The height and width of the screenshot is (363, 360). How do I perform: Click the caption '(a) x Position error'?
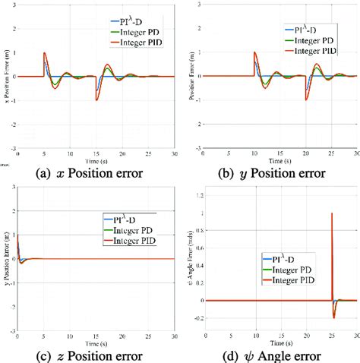(x=90, y=172)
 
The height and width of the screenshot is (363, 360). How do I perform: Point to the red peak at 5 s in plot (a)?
(x=46, y=53)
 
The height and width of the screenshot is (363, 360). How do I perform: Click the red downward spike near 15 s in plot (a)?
(x=96, y=99)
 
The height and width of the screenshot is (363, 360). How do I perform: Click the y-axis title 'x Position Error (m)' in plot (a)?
(x=8, y=76)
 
